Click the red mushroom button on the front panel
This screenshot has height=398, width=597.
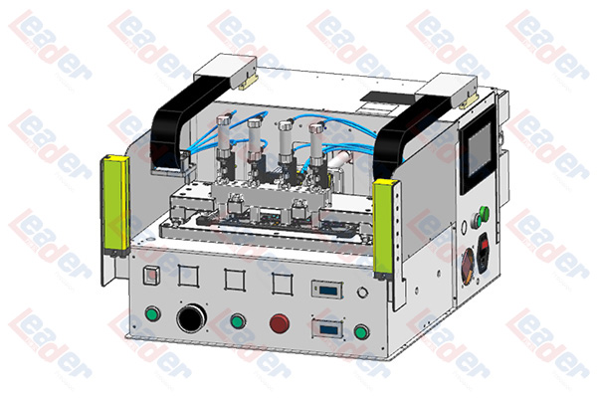280,323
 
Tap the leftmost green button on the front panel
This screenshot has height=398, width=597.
152,313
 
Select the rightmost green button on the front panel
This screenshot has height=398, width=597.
361,331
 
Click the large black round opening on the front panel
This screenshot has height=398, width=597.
191,318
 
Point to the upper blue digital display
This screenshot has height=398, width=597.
327,291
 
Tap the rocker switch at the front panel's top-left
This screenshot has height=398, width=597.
151,276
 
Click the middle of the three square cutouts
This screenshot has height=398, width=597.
234,280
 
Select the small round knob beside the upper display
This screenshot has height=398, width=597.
362,293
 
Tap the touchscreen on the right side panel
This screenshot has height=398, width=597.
479,150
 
